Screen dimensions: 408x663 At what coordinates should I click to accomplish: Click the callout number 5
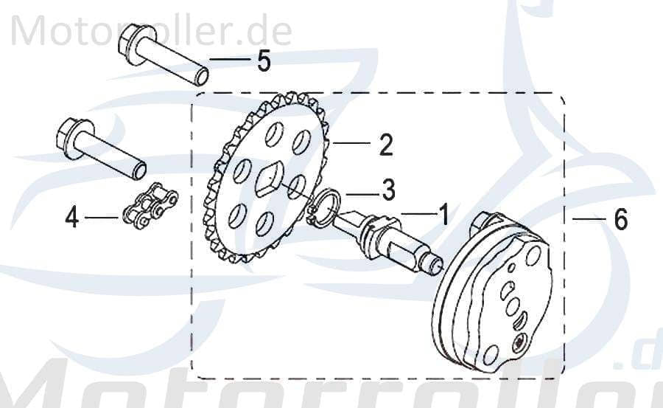click(264, 60)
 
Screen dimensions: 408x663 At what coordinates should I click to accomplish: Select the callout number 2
click(385, 145)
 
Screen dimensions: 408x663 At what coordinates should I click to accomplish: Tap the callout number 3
click(387, 190)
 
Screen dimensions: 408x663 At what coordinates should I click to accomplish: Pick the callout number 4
click(72, 218)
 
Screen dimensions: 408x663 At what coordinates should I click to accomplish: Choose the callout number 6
click(620, 218)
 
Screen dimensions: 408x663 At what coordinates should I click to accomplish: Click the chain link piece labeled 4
click(150, 207)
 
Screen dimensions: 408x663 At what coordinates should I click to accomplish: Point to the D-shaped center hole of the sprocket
click(267, 179)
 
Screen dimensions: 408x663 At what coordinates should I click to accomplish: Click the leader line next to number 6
click(587, 219)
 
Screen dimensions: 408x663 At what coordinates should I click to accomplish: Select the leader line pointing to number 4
click(101, 218)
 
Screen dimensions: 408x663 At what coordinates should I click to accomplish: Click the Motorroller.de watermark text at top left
click(152, 30)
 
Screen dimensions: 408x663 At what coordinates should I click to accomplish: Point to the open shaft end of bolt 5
click(198, 75)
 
